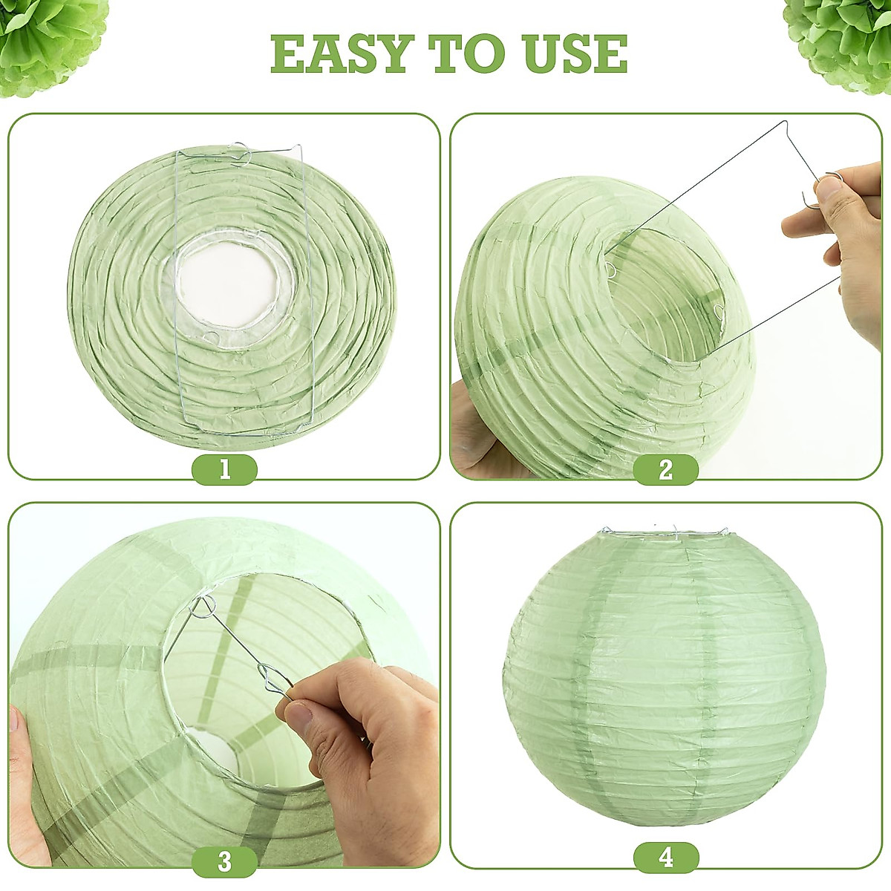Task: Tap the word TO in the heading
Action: (463, 53)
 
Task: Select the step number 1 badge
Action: (224, 469)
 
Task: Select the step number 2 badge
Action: (665, 469)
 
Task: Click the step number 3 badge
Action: (224, 861)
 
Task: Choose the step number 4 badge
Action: (665, 858)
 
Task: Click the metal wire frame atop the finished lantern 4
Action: (665, 532)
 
